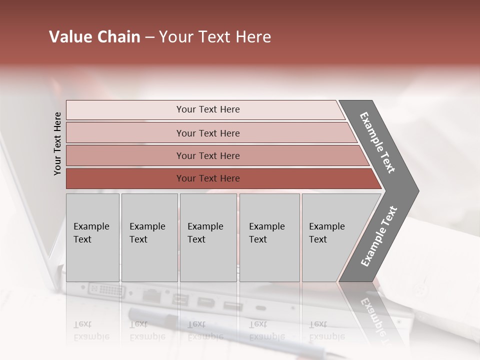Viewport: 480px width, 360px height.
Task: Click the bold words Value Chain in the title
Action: click(94, 37)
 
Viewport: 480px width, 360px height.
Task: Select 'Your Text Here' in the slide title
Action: click(215, 37)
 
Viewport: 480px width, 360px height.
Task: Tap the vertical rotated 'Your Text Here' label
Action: click(57, 143)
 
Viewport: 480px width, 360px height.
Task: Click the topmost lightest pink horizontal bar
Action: click(205, 110)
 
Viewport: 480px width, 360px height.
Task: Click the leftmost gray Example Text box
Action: click(92, 237)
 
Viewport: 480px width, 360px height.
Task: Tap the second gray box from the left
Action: click(149, 237)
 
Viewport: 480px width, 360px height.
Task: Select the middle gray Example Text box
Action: click(208, 237)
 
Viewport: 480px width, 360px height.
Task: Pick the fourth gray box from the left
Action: click(269, 237)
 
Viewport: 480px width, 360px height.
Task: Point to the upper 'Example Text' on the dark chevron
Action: click(377, 142)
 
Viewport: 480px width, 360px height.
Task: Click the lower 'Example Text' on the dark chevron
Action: click(378, 236)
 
